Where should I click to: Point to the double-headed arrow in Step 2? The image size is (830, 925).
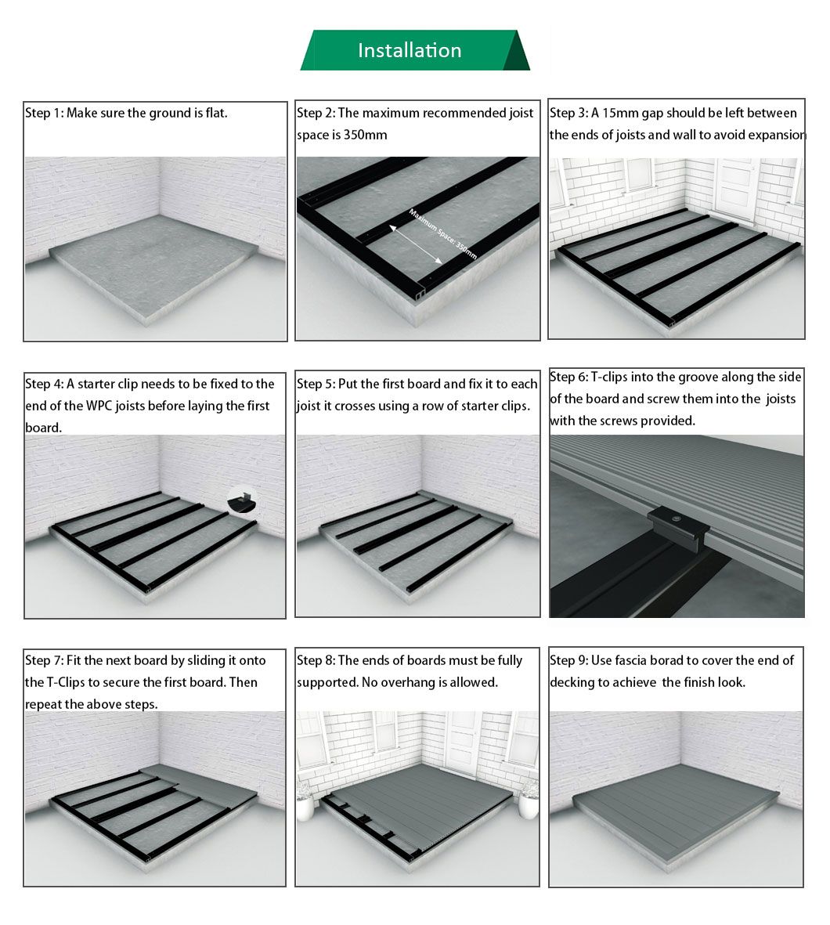pos(415,244)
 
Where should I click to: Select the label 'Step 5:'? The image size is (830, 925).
pos(316,384)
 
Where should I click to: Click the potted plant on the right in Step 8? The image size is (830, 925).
pos(529,800)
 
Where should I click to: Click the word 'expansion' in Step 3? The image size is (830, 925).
pos(777,135)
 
